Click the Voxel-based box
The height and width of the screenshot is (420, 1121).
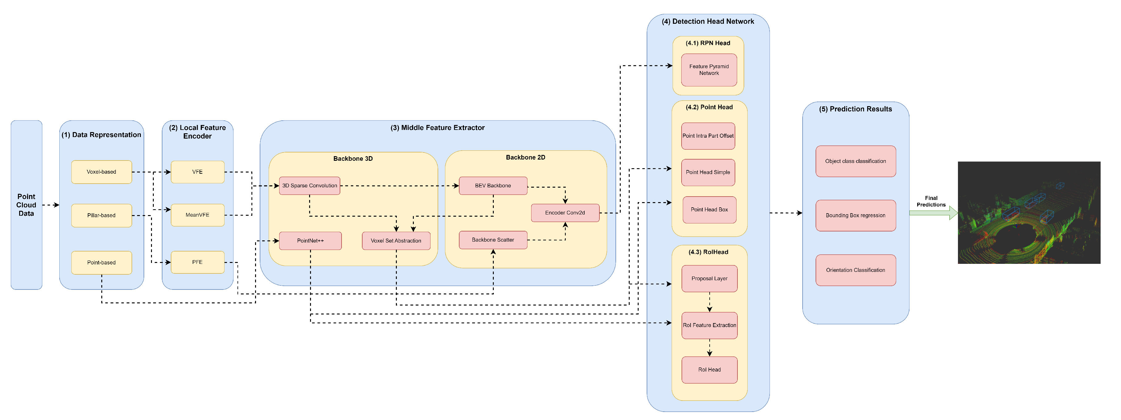[101, 172]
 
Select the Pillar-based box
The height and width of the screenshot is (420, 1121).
[101, 215]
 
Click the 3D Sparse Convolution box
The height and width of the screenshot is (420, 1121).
[309, 186]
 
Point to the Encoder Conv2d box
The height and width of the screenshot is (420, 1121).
[565, 213]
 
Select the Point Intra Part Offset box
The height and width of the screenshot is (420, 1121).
[708, 136]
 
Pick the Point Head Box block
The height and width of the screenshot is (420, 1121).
[709, 210]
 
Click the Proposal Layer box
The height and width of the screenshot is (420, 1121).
[709, 279]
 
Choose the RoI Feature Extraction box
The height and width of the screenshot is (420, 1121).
[709, 325]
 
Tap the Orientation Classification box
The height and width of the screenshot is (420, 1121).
[855, 270]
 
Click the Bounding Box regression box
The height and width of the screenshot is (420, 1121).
[855, 215]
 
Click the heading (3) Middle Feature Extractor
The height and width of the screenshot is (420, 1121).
[437, 128]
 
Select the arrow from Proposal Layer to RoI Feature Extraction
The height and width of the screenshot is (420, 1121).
[710, 302]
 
